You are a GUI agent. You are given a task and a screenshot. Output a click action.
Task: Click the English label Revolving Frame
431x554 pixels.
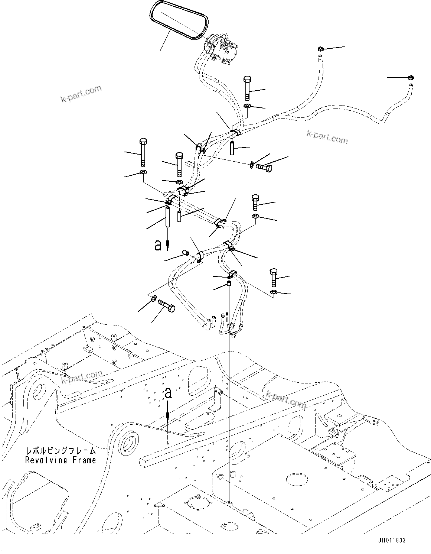[x=61, y=460]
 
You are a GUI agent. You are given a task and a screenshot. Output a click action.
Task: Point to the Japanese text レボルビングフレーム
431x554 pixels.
[x=61, y=451]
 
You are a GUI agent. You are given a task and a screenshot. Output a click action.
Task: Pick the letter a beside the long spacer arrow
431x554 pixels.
[x=158, y=245]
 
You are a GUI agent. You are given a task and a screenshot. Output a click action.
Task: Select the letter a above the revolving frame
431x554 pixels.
[x=169, y=393]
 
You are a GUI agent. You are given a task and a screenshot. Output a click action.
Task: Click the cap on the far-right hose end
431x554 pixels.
[x=410, y=78]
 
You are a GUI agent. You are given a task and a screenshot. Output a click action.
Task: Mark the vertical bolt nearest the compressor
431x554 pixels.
[x=248, y=88]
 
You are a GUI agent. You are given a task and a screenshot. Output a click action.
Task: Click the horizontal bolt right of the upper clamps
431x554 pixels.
[x=264, y=168]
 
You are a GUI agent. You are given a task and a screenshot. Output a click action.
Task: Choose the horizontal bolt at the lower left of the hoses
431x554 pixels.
[x=167, y=304]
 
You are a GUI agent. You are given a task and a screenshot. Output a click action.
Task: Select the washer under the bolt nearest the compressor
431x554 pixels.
[x=248, y=107]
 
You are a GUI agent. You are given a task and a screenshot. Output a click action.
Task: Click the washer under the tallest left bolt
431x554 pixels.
[x=143, y=172]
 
